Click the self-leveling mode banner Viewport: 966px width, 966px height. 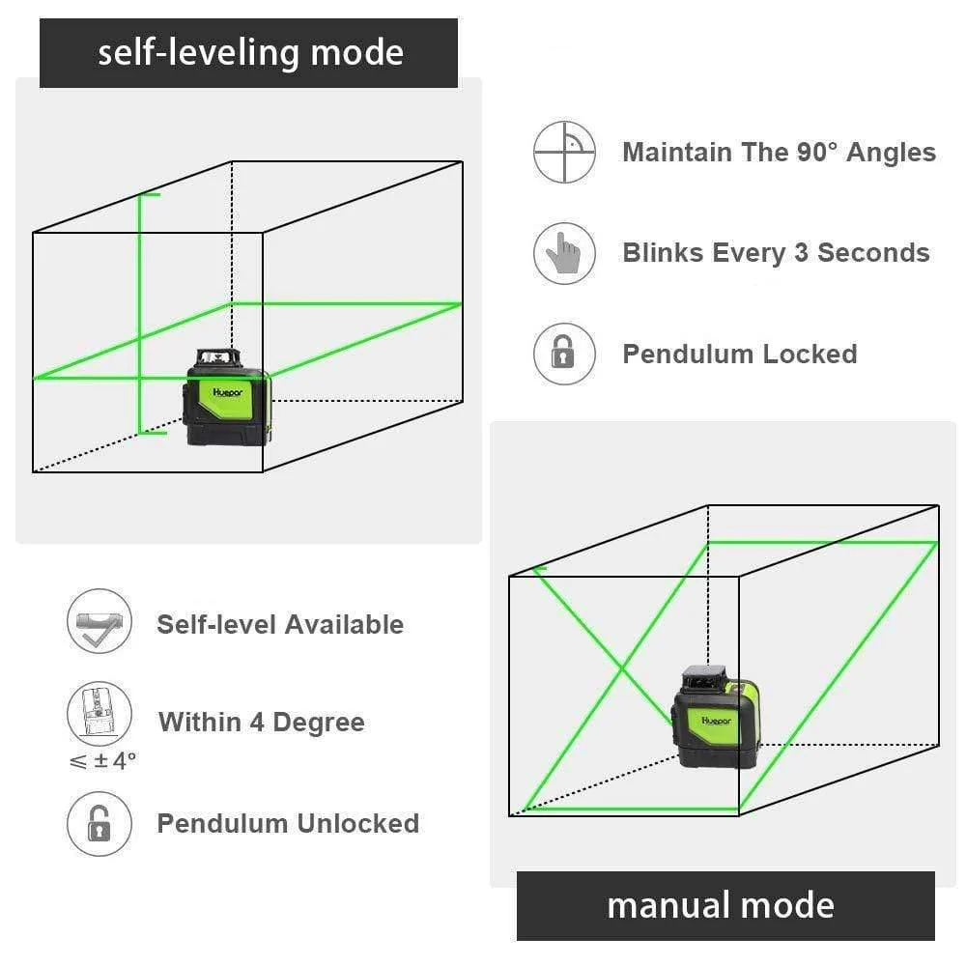tap(248, 53)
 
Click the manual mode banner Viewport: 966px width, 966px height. tap(725, 905)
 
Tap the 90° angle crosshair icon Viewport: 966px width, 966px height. tap(565, 153)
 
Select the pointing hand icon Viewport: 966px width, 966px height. tap(564, 253)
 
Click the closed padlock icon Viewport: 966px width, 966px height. tap(564, 354)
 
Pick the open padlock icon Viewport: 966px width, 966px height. tap(98, 823)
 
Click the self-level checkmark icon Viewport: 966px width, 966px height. tap(98, 623)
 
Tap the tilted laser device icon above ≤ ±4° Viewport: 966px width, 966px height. tap(98, 713)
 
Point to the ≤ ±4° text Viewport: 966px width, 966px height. tap(102, 761)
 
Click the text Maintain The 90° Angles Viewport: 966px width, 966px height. tap(779, 153)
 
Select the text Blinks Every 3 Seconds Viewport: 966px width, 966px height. tap(776, 253)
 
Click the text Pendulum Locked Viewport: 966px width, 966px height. tap(739, 354)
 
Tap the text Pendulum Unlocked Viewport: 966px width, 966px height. tap(288, 823)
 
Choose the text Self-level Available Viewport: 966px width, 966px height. tap(280, 624)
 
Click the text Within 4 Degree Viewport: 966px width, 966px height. tap(261, 722)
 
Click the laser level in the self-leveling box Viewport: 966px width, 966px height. tap(228, 397)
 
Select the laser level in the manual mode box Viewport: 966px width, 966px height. tap(716, 716)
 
